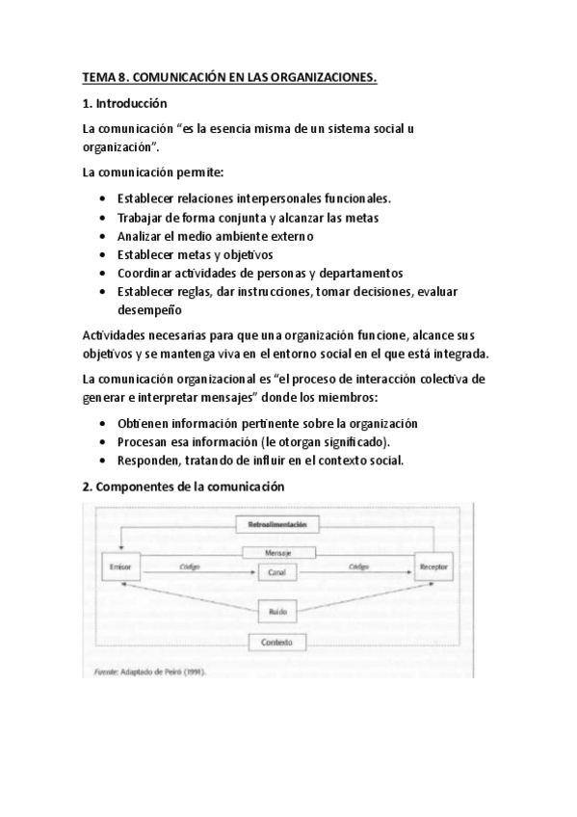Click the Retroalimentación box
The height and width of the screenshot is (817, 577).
click(276, 525)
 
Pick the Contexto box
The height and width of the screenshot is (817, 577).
click(276, 641)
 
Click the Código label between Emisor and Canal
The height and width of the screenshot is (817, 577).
click(189, 567)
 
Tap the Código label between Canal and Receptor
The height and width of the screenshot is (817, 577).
click(360, 567)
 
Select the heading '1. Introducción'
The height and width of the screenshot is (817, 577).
click(125, 103)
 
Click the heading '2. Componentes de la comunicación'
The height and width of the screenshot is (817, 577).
click(184, 487)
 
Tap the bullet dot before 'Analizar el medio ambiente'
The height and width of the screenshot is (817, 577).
click(103, 236)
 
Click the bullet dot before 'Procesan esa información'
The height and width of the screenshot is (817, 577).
click(103, 442)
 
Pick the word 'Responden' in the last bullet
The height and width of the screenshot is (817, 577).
click(148, 461)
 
